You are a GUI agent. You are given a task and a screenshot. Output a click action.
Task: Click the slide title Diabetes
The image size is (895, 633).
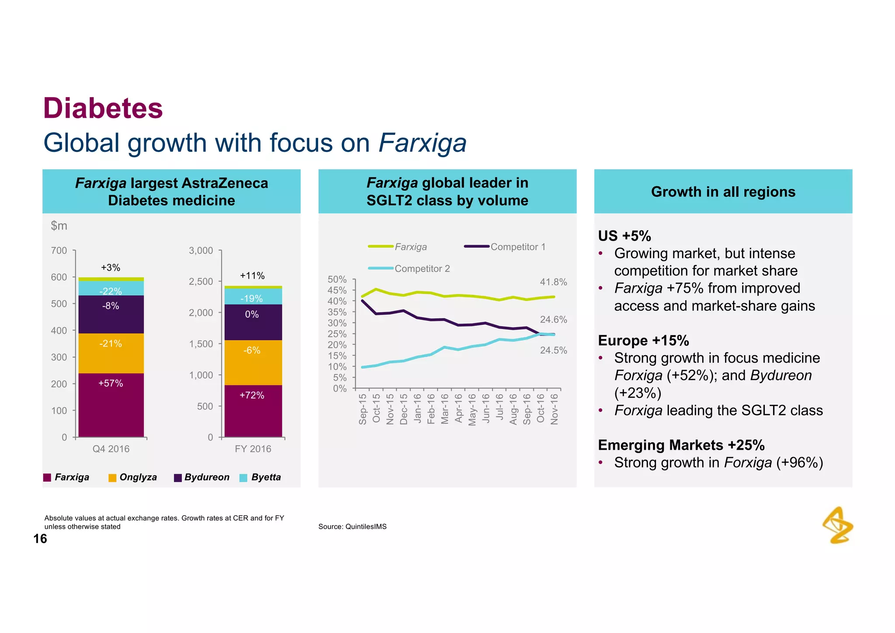tap(103, 108)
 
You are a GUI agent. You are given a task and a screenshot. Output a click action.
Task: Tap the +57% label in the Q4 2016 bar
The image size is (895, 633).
tap(111, 383)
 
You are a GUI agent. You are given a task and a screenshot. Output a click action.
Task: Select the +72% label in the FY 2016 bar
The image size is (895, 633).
tap(252, 395)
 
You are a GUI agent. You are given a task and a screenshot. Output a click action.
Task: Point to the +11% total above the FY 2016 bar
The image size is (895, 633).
tap(252, 276)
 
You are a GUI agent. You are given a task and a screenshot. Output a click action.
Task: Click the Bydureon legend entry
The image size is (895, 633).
tap(202, 477)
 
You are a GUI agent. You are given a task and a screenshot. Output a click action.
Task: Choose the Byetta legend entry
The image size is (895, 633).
tap(261, 477)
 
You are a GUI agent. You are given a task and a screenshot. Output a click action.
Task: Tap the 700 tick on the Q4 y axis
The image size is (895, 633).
tap(59, 251)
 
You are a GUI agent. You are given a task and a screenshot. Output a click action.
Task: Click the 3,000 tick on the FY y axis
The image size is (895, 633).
tap(201, 251)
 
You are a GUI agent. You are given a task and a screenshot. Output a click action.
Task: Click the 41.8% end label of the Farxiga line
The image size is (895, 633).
tap(553, 282)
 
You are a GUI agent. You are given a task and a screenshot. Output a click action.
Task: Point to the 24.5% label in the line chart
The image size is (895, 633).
tap(553, 350)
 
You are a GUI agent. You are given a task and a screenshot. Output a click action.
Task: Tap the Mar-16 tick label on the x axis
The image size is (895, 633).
tap(444, 409)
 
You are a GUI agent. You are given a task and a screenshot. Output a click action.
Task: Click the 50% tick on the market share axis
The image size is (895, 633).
tap(337, 279)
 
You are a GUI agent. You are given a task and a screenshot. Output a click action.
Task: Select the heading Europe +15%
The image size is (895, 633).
tap(643, 340)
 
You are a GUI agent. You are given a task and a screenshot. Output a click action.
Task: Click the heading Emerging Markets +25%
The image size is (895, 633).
tap(681, 445)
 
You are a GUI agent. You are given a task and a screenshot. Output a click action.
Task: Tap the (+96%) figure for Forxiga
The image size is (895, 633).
tap(799, 462)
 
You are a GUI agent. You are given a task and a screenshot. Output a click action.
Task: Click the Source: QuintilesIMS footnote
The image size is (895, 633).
tap(352, 527)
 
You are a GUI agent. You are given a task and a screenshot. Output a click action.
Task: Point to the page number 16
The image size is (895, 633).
tap(40, 539)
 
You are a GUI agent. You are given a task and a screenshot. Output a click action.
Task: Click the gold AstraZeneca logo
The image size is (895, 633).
tap(838, 525)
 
